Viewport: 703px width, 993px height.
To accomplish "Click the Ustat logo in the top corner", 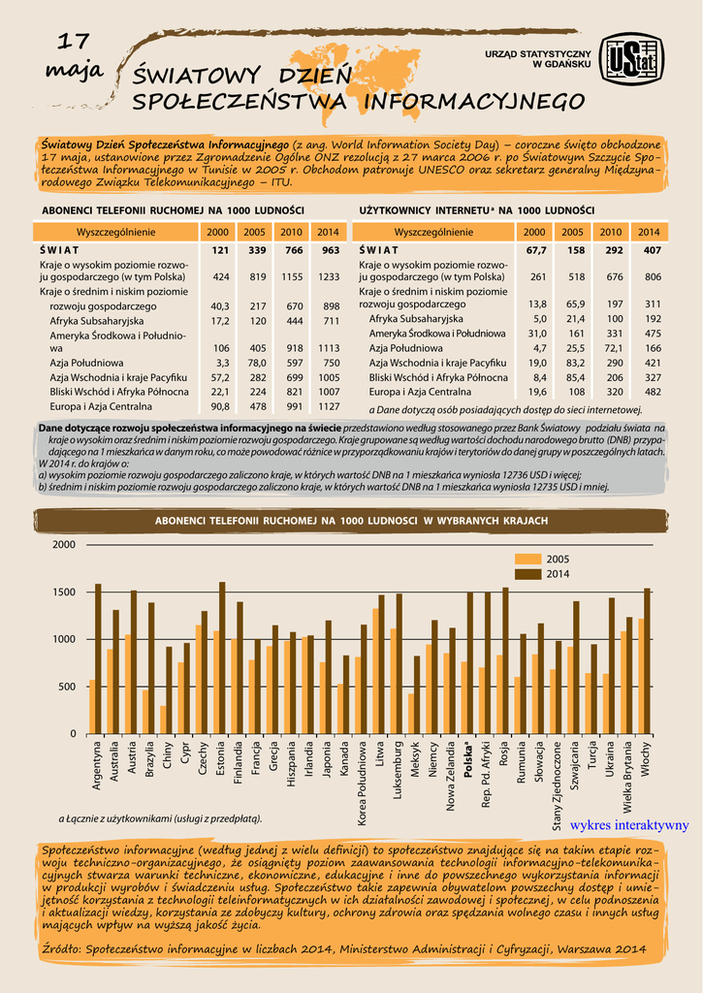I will click(630, 59).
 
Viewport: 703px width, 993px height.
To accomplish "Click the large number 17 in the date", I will click(74, 43).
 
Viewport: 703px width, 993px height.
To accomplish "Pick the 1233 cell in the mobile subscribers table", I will click(329, 276).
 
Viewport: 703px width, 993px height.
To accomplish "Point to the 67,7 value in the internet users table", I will click(535, 250).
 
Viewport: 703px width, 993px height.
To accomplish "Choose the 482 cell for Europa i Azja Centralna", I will click(652, 392).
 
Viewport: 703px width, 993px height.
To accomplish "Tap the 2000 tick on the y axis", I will click(63, 545).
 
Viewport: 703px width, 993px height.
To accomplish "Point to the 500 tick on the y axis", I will click(65, 687).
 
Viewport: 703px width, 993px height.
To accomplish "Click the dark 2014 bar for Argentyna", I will click(98, 658).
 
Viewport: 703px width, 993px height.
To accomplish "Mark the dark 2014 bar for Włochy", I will click(648, 660).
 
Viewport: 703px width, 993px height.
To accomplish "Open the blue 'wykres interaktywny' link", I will click(629, 825).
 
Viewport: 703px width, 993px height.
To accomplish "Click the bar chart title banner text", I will click(351, 521).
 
